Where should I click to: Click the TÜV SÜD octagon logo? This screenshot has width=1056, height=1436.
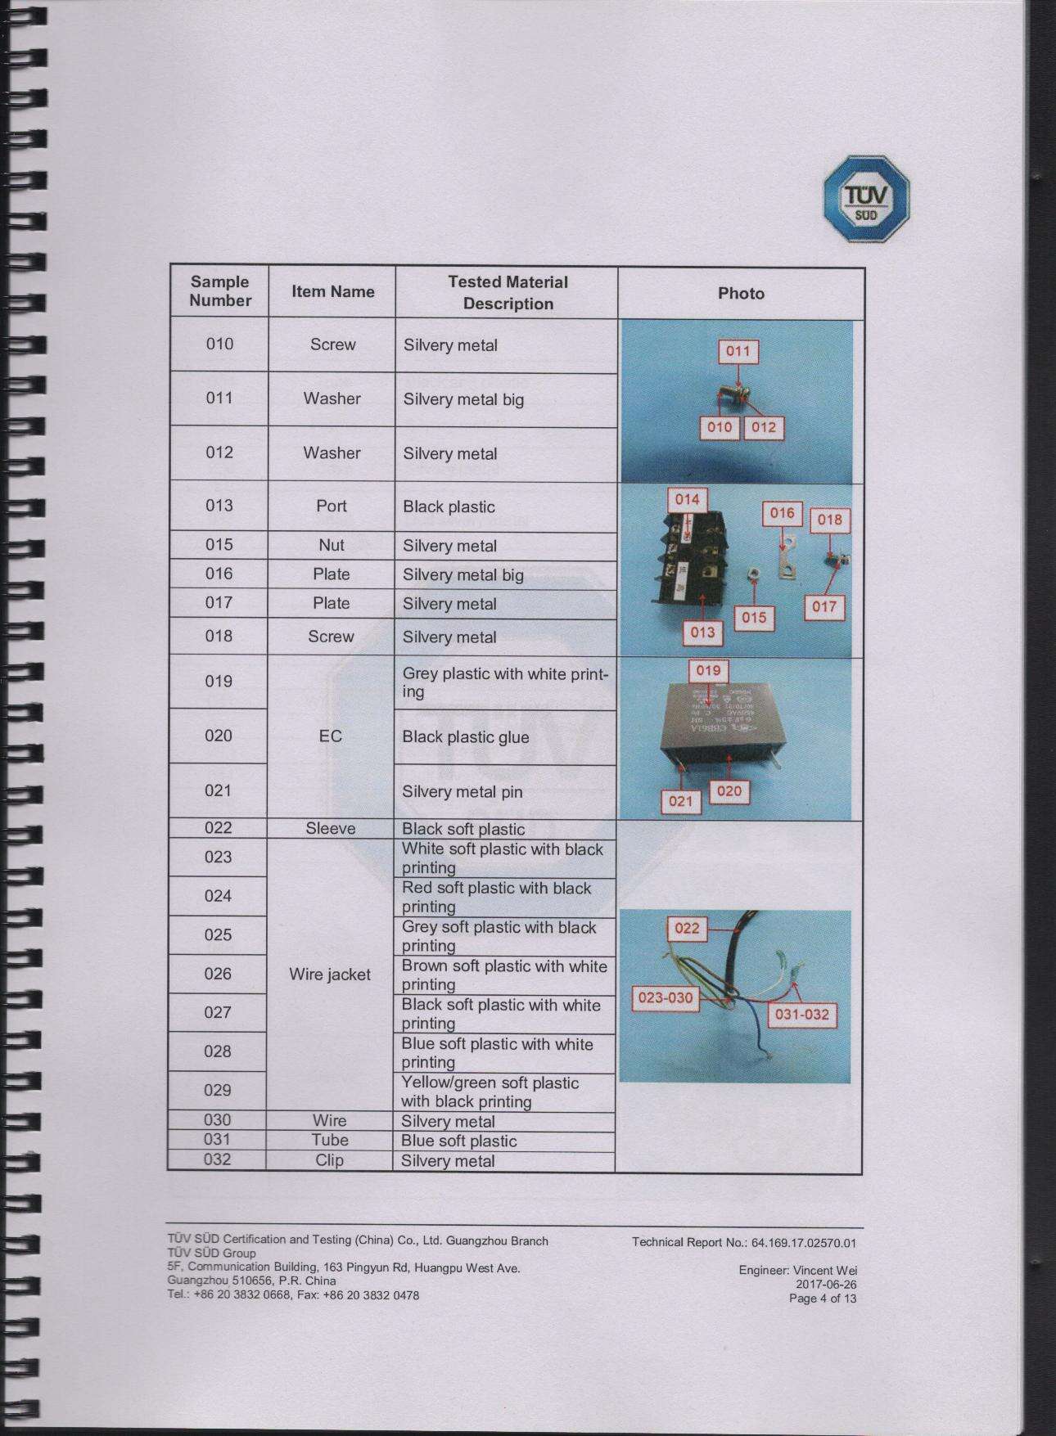point(865,199)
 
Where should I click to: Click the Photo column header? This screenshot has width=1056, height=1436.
point(741,293)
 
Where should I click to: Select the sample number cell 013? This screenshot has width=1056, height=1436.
point(219,506)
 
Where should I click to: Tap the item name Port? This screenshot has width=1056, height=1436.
point(332,506)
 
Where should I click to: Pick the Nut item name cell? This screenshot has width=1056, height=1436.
point(332,545)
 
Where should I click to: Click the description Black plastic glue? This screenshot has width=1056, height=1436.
point(465,737)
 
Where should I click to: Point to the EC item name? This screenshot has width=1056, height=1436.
point(330,736)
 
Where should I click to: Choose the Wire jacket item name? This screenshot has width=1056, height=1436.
point(330,975)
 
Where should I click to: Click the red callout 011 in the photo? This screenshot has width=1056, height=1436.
point(738,352)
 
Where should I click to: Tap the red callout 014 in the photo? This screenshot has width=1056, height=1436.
point(687,499)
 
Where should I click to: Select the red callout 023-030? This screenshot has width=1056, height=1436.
point(666,998)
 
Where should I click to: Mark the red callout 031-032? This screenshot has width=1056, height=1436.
point(801,1015)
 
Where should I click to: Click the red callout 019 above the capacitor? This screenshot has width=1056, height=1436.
point(707,671)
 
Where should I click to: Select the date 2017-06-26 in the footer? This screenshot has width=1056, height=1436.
point(833,1285)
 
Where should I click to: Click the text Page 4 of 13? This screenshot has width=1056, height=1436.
point(823,1299)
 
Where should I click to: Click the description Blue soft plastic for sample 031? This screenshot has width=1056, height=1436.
point(458,1141)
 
